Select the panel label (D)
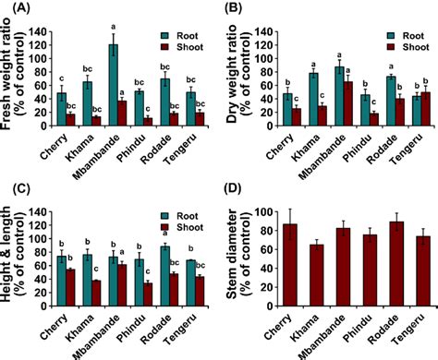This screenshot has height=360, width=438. click(x=236, y=189)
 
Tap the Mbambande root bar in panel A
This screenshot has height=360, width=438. click(x=114, y=83)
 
